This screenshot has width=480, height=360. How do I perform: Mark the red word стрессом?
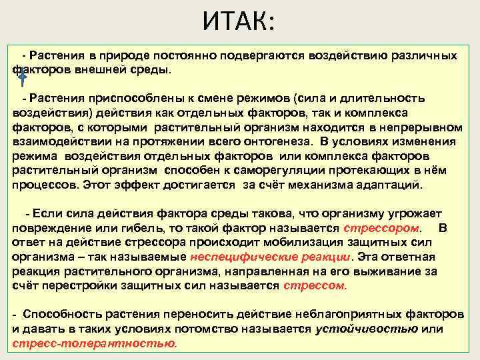click(315, 285)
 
